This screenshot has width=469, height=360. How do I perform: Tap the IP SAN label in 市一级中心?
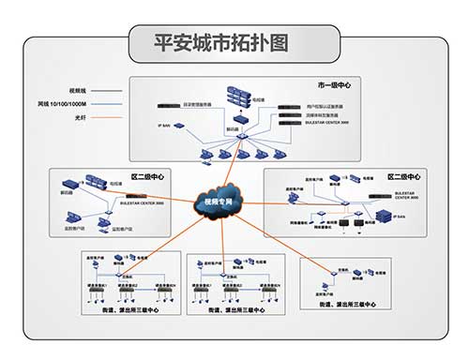pos(164,124)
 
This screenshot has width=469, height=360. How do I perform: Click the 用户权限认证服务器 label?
pos(325,107)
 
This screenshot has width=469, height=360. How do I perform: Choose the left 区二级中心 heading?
pos(145,175)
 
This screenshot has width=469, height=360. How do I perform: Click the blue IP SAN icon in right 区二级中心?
pos(387,216)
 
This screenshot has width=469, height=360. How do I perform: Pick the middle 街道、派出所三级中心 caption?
pos(235,310)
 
